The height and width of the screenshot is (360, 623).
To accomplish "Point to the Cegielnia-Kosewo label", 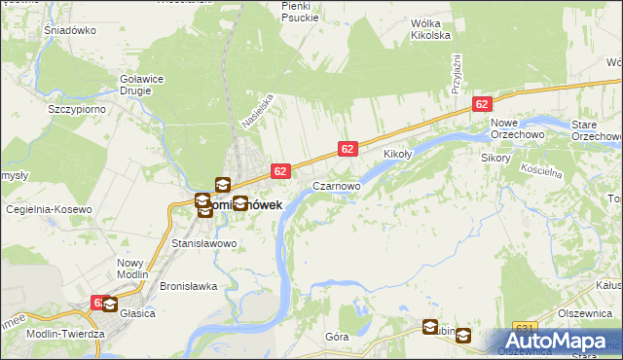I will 49,209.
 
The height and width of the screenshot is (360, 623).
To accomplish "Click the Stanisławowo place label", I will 203,243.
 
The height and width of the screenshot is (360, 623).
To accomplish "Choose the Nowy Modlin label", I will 130,269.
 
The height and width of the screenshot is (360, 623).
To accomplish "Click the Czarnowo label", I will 337,185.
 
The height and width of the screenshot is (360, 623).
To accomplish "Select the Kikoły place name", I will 399,154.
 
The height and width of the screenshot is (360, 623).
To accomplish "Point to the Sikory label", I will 495,157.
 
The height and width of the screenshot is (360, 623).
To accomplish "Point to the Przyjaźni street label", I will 455,74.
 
